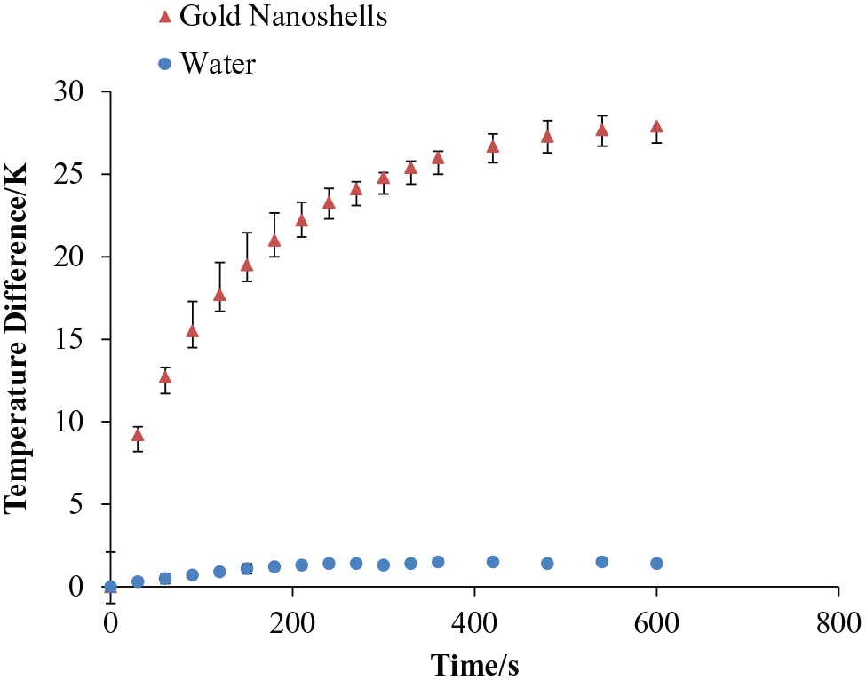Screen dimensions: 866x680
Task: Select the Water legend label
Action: click(218, 64)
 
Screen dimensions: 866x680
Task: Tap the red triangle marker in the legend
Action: click(164, 17)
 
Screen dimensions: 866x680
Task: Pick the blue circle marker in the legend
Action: click(164, 64)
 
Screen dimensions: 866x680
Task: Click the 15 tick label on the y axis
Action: click(68, 339)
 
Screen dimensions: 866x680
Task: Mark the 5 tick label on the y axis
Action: click(76, 504)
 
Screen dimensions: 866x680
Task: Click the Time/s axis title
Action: click(474, 664)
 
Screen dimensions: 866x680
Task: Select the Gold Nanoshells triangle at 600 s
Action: click(656, 126)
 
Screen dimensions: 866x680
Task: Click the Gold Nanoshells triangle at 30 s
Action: click(138, 435)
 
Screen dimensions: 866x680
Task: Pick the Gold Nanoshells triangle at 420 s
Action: click(493, 146)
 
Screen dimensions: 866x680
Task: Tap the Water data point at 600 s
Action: click(656, 564)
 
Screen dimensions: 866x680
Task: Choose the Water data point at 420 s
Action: click(493, 562)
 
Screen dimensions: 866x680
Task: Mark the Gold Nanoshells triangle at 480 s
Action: click(547, 137)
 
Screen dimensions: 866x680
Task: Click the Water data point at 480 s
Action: click(547, 564)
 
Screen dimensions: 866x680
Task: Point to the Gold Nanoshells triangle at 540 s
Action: click(602, 130)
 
